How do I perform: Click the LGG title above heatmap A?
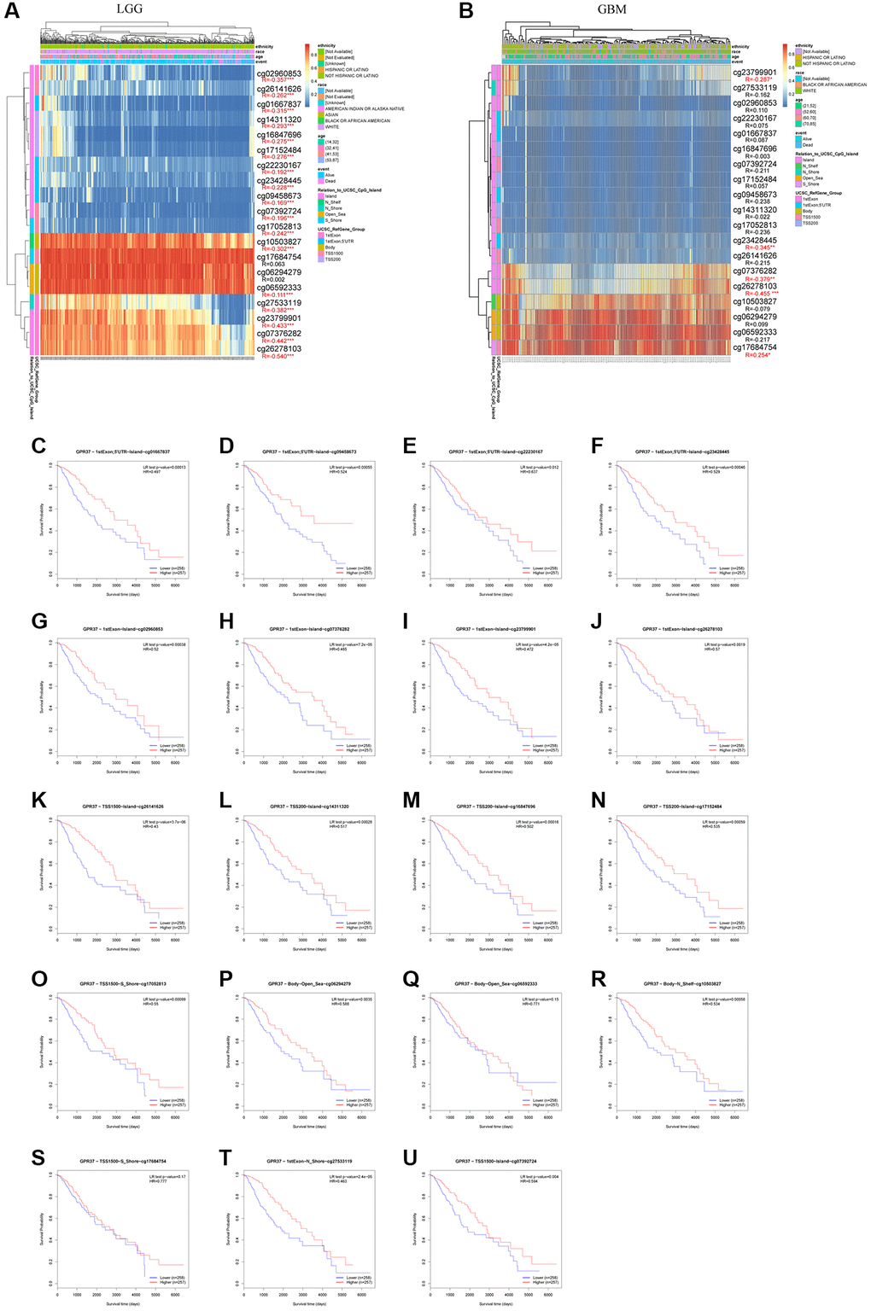click(x=129, y=9)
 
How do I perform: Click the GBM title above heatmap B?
click(x=611, y=9)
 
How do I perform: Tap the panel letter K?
click(x=39, y=800)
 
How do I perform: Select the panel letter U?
click(x=411, y=1157)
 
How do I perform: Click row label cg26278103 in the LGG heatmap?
click(x=279, y=349)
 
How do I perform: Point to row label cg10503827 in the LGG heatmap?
click(x=279, y=242)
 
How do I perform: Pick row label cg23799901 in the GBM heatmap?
click(x=755, y=73)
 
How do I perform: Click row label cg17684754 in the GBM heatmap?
click(x=755, y=347)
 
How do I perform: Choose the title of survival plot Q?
click(x=496, y=984)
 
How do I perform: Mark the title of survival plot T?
click(x=309, y=1161)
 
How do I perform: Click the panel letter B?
click(x=466, y=10)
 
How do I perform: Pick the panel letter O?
click(x=39, y=979)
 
